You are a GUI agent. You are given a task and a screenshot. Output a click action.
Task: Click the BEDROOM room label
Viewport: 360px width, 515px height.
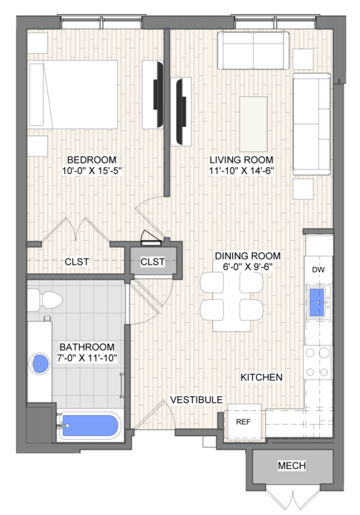point(92,160)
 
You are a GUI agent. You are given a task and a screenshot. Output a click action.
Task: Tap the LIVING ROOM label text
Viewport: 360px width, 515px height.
point(242,160)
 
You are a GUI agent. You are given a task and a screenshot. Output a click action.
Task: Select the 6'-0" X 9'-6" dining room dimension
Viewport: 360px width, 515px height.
point(248,267)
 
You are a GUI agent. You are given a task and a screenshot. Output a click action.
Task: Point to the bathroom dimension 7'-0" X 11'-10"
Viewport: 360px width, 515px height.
point(87,358)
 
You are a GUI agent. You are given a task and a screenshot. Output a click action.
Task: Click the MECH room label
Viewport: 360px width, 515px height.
point(292,465)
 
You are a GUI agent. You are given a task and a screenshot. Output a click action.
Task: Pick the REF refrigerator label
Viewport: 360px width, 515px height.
point(243,422)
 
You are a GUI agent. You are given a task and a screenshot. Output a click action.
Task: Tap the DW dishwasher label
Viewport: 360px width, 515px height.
point(318,270)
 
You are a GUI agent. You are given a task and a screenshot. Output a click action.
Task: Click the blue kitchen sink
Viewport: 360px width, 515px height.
point(316,302)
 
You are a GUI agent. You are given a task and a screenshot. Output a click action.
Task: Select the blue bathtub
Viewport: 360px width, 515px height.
point(90,426)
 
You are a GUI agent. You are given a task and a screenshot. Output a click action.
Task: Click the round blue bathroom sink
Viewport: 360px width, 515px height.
point(39,364)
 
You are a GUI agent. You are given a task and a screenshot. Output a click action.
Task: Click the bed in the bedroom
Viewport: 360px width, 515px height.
point(72,95)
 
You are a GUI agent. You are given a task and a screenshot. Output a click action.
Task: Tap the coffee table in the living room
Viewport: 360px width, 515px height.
point(254,124)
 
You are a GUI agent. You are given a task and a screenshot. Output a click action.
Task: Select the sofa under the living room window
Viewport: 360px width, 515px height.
point(254,50)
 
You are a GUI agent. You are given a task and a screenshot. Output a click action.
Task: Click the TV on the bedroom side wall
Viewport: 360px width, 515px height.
point(158,95)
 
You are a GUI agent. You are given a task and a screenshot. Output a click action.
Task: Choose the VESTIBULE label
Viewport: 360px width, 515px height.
point(197,400)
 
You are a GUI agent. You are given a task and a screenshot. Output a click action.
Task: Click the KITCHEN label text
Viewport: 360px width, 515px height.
point(262,378)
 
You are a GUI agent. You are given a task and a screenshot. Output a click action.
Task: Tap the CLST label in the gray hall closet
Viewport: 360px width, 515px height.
point(152,262)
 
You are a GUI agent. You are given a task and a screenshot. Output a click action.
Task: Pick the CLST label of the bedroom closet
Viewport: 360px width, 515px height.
point(77,262)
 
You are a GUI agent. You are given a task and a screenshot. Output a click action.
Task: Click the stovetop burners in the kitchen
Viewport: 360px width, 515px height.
point(317,362)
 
